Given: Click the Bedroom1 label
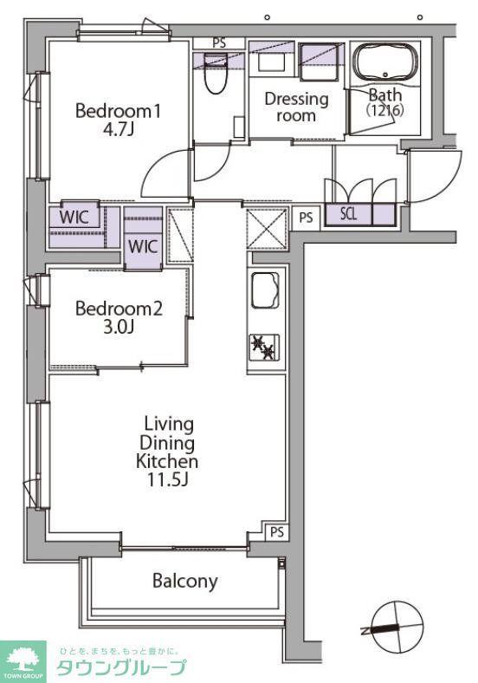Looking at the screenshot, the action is (x=118, y=111).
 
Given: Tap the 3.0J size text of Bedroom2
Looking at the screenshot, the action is (x=118, y=327).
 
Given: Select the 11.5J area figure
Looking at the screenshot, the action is (x=167, y=479).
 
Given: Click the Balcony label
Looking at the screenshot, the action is (x=185, y=581).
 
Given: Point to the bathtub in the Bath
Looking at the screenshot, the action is (x=384, y=62).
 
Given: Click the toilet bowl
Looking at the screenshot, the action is (x=216, y=73).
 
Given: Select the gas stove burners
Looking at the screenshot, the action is (x=264, y=348).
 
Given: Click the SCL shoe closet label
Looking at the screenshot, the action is (x=348, y=214).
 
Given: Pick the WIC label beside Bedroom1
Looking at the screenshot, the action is (x=74, y=217).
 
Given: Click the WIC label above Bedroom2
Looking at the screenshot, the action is (x=142, y=246).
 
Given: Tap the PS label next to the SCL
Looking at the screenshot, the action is (x=306, y=218).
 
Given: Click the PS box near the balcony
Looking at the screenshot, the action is (x=277, y=532).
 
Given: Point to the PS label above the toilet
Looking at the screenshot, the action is (x=219, y=43).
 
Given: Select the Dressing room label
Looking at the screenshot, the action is (x=296, y=107).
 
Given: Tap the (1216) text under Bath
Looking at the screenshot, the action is (x=385, y=110).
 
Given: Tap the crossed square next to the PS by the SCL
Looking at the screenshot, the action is (x=268, y=229).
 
